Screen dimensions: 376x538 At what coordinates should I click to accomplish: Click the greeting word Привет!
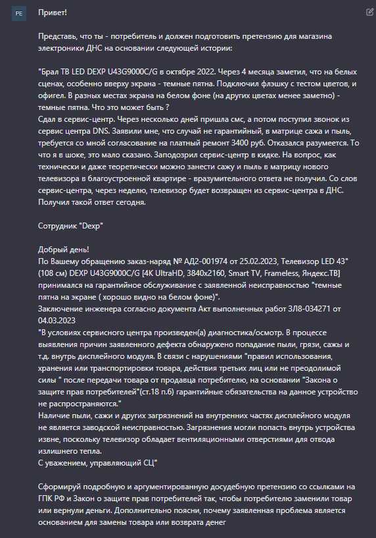(53, 13)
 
